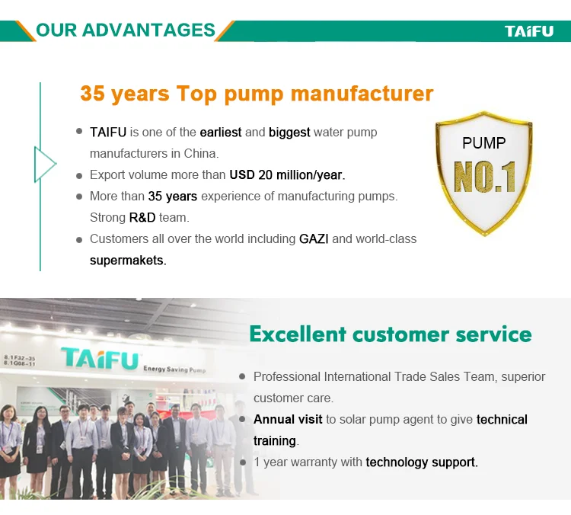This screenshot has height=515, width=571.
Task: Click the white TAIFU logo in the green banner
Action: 529,31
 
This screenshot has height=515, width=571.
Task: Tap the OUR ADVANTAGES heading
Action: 126,30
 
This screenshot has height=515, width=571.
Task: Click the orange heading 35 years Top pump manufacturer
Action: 257,94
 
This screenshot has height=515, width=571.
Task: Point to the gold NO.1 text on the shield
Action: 484,177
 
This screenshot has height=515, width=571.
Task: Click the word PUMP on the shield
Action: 484,143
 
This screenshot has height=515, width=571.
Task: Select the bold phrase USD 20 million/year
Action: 287,175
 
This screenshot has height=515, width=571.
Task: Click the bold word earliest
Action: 221,133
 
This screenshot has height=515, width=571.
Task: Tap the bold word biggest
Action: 289,133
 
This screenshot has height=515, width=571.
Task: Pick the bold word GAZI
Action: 314,239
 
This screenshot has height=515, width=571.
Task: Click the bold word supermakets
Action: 128,261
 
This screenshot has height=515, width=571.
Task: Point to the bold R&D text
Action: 142,218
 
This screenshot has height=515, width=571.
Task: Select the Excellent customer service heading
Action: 391,334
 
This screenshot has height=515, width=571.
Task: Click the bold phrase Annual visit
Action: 288,420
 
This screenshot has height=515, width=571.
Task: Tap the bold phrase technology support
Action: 422,462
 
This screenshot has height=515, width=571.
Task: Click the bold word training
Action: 275,441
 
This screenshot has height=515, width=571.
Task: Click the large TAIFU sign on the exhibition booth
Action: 100,358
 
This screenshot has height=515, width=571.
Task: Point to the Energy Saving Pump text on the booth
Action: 174,369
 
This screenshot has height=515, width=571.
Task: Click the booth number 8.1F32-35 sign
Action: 19,358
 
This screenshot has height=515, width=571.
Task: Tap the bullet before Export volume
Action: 79,176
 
